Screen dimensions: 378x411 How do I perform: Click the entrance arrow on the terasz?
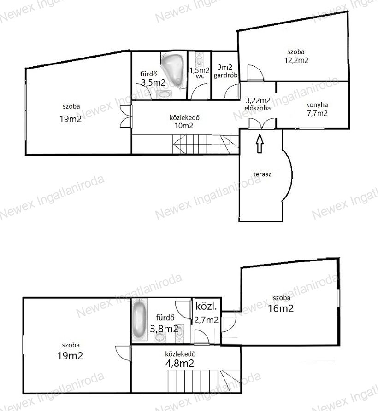pyautogui.click(x=260, y=144)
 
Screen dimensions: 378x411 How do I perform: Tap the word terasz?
pyautogui.click(x=262, y=174)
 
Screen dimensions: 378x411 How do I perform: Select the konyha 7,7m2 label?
pyautogui.click(x=317, y=109)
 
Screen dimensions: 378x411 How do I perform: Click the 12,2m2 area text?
pyautogui.click(x=296, y=61)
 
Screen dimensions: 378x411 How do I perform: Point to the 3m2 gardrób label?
pyautogui.click(x=225, y=71)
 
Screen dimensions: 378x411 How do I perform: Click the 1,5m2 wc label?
pyautogui.click(x=200, y=73)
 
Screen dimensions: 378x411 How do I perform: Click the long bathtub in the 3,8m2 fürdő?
pyautogui.click(x=139, y=319)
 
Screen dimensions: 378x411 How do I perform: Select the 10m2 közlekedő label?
pyautogui.click(x=184, y=122)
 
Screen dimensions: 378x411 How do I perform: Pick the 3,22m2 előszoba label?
pyautogui.click(x=258, y=104)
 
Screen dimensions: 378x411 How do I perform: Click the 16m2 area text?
pyautogui.click(x=281, y=308)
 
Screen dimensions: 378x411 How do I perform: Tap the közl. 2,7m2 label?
pyautogui.click(x=207, y=313)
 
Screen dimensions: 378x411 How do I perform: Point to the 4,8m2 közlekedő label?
pyautogui.click(x=180, y=359)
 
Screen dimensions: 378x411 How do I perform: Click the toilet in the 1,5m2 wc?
pyautogui.click(x=199, y=59)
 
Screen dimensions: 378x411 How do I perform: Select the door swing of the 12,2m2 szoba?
pyautogui.click(x=255, y=72)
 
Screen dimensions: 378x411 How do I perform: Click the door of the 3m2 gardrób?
pyautogui.click(x=232, y=91)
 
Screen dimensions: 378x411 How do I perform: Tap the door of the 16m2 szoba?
pyautogui.click(x=228, y=325)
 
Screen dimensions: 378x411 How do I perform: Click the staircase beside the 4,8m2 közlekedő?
pyautogui.click(x=204, y=382)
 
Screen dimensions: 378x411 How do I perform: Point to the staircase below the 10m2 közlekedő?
pyautogui.click(x=205, y=144)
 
